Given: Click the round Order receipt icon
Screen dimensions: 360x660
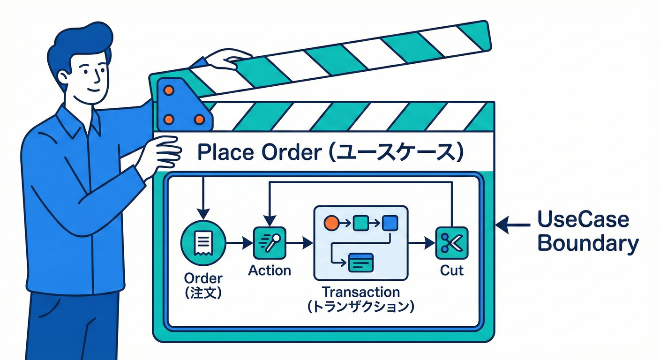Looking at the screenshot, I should tap(202, 243).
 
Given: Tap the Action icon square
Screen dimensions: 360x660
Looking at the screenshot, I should tap(269, 243).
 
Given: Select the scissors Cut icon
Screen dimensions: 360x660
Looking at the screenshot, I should tap(451, 243).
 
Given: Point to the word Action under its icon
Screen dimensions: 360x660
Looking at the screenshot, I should tap(269, 270).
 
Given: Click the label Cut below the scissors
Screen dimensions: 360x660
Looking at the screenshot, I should tap(452, 270).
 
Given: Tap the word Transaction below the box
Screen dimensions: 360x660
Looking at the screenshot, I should tap(360, 292).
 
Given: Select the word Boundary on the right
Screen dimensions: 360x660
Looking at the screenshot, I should tap(587, 244).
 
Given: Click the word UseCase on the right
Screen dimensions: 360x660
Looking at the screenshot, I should tap(583, 219).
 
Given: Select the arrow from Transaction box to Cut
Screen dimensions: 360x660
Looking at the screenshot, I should tap(420, 243).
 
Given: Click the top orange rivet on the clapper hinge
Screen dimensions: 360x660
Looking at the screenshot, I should tap(169, 90).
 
